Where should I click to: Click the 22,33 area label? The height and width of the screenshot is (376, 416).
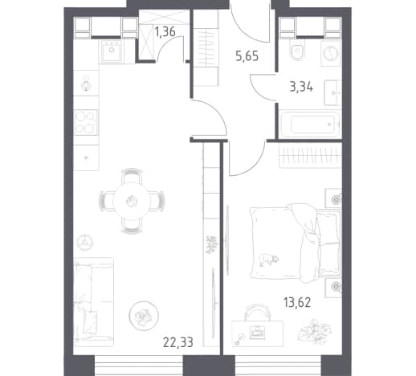[178, 342]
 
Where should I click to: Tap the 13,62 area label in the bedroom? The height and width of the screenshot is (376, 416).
[297, 302]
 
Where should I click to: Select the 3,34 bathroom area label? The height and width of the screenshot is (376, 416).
[301, 88]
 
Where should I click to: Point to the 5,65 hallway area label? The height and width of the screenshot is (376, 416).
[247, 56]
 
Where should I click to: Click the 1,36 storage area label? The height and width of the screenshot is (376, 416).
[165, 32]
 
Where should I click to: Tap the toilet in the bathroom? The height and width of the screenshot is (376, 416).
[297, 50]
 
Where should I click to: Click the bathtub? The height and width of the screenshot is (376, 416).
[309, 125]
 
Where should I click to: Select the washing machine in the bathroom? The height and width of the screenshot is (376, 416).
[331, 53]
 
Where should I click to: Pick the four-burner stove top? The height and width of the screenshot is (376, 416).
[86, 122]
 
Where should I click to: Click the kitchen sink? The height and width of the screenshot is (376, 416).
[112, 51]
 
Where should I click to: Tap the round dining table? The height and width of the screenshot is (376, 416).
[132, 201]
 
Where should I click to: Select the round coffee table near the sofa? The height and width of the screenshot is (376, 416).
[144, 315]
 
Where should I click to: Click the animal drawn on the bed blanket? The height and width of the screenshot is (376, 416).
[268, 260]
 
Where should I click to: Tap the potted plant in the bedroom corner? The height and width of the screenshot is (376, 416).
[315, 331]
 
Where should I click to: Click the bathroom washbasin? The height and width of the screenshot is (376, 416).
[332, 92]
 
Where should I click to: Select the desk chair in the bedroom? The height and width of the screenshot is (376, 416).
[257, 313]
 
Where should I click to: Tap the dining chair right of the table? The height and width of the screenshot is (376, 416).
[157, 201]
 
